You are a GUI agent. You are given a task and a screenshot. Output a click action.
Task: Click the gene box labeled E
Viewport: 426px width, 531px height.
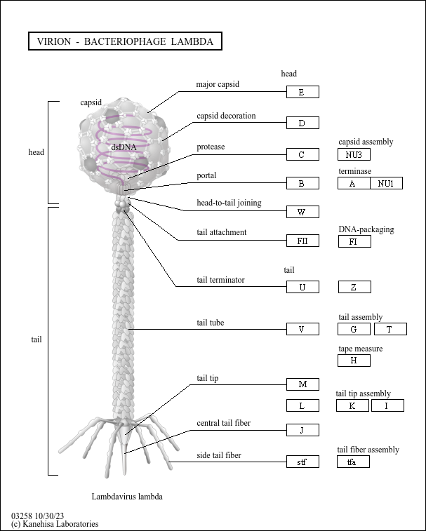[302, 92]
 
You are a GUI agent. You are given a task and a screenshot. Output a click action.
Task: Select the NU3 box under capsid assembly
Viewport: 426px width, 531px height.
[354, 155]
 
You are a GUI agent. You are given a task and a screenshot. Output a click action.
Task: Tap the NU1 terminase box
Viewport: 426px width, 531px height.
[386, 183]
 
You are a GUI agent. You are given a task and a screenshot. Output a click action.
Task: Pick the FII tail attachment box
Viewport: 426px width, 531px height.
[302, 241]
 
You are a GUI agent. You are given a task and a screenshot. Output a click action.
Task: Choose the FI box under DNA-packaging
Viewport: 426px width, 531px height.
[354, 241]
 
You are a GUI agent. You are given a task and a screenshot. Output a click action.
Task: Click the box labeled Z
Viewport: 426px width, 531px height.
[354, 287]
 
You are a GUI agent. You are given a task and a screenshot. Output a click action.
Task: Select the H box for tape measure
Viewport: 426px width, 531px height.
[354, 361]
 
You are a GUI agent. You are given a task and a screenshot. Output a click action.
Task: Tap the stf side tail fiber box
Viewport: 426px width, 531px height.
[302, 462]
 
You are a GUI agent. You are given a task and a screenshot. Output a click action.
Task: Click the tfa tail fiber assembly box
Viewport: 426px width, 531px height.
[353, 462]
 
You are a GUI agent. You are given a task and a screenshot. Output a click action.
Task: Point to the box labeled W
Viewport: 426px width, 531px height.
[302, 212]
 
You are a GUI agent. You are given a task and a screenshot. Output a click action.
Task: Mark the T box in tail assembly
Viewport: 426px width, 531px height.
[390, 329]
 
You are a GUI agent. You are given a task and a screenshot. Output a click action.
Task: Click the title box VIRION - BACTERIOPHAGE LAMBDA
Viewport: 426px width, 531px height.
[125, 41]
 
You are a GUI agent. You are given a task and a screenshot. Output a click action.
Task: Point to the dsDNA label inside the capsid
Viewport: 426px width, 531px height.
[124, 147]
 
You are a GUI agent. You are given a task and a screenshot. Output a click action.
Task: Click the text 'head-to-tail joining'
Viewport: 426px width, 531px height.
[229, 203]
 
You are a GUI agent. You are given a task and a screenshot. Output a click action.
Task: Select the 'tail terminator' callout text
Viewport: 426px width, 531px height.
[220, 280]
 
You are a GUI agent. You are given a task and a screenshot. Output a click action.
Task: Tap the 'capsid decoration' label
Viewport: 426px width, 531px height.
[226, 116]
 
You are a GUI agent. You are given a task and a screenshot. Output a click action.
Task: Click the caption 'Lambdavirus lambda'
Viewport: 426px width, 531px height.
[127, 497]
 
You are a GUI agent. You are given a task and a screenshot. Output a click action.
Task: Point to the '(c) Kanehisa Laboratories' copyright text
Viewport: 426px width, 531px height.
[55, 523]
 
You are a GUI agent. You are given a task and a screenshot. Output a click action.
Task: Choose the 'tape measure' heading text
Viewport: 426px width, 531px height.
[360, 349]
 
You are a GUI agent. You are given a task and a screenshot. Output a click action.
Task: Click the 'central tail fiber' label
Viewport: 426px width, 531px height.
[223, 423]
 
